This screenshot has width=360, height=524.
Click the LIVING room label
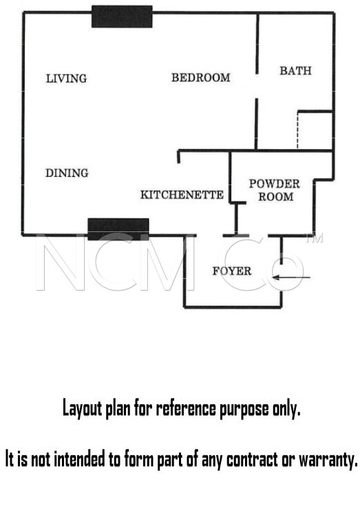(66, 78)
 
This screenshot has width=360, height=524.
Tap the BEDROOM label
(201, 78)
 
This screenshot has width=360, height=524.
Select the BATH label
(295, 70)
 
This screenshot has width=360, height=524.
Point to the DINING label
(67, 173)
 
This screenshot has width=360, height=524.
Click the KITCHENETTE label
(182, 194)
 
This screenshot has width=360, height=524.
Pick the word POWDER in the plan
(274, 183)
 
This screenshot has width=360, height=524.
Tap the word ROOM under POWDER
(276, 196)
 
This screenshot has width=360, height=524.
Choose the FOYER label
(232, 271)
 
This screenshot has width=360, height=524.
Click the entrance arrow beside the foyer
(292, 277)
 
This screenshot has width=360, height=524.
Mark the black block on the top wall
(122, 17)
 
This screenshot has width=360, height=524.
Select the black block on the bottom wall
(118, 229)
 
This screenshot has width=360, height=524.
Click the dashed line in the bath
(297, 130)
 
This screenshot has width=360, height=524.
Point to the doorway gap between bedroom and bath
(257, 86)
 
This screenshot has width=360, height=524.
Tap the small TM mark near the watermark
(315, 238)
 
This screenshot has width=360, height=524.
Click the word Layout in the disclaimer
(82, 408)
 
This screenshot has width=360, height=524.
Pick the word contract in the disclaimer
(252, 459)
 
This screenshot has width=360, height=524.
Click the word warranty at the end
(328, 461)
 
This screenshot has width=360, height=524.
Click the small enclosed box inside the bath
(315, 130)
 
